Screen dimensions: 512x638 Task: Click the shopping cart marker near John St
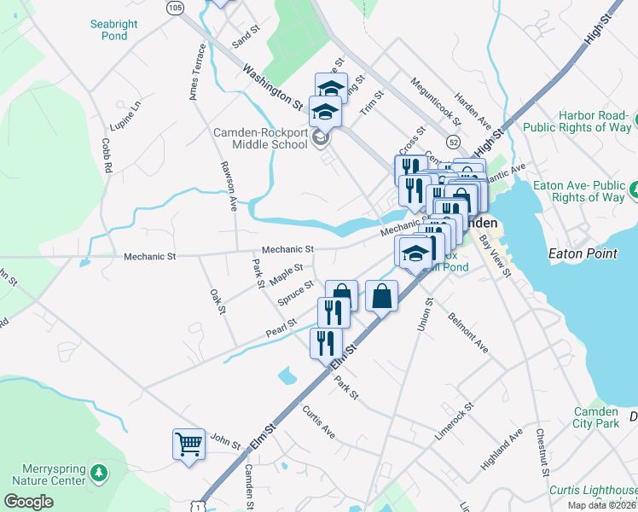[188, 442]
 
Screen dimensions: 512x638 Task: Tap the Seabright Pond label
[113, 30]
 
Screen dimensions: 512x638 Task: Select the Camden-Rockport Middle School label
[259, 138]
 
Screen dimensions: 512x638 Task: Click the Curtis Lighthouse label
[593, 491]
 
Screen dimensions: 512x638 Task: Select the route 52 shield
[452, 142]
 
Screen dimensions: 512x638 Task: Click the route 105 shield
[175, 8]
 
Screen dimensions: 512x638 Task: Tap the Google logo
[28, 502]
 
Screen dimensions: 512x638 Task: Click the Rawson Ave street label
[229, 186]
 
